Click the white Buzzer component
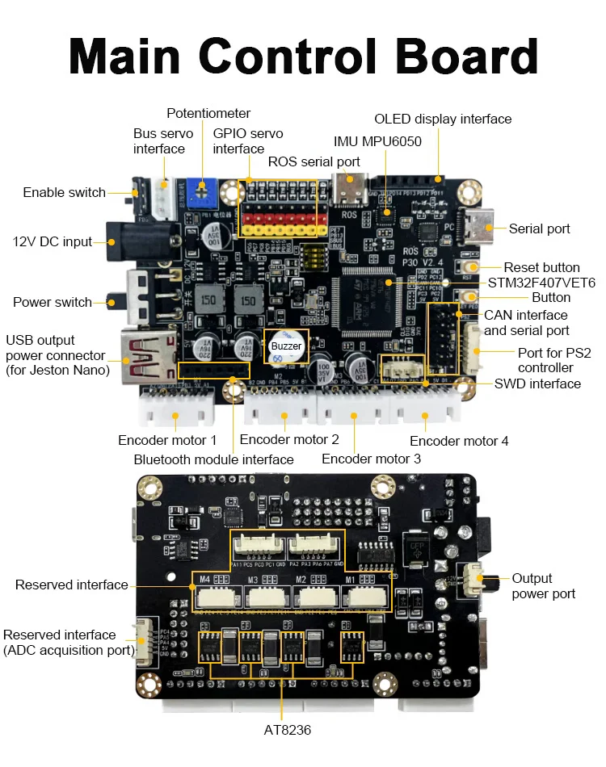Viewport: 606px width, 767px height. pyautogui.click(x=285, y=345)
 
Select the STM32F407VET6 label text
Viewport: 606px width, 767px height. pyautogui.click(x=541, y=283)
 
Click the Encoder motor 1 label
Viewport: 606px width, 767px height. pyautogui.click(x=167, y=440)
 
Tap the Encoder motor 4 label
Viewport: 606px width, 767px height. pyautogui.click(x=459, y=441)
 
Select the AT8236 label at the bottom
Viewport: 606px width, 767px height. pyautogui.click(x=286, y=730)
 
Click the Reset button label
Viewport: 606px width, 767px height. pyautogui.click(x=541, y=267)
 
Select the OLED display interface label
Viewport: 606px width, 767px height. pyautogui.click(x=443, y=119)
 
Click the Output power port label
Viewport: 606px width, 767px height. pyautogui.click(x=543, y=586)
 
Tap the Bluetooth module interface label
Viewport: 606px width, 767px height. pyautogui.click(x=213, y=459)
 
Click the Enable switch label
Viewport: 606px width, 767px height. pyautogui.click(x=64, y=192)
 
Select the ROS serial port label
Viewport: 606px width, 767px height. pyautogui.click(x=314, y=161)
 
